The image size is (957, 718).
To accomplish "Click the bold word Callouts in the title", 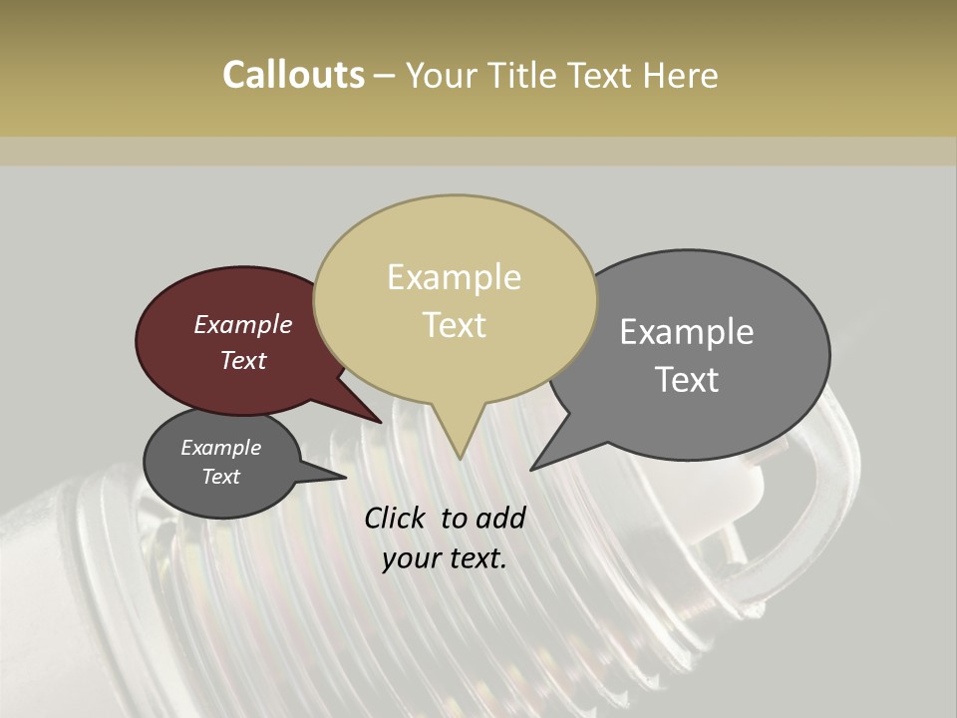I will click(293, 75).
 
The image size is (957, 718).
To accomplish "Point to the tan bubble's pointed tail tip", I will click(460, 458).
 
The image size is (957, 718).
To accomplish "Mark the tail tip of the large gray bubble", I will click(531, 470).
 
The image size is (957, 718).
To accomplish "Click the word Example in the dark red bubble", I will click(242, 325).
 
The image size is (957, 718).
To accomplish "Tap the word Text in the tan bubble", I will click(455, 325).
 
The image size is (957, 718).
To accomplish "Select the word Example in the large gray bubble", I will click(687, 332).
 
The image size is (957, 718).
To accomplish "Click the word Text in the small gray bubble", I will click(221, 477).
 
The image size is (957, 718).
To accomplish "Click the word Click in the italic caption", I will click(397, 518).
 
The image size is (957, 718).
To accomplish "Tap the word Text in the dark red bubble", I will click(243, 360).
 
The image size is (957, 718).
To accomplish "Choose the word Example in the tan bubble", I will click(455, 277).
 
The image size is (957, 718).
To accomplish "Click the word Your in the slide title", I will click(443, 75).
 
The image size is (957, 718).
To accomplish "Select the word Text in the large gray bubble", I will click(687, 380).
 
